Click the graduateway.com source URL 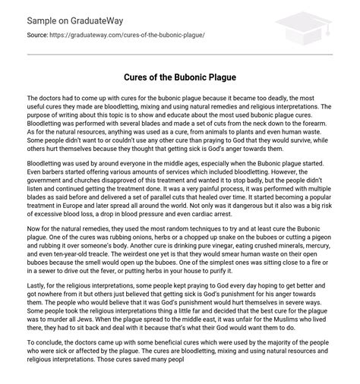pyautogui.click(x=128, y=35)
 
